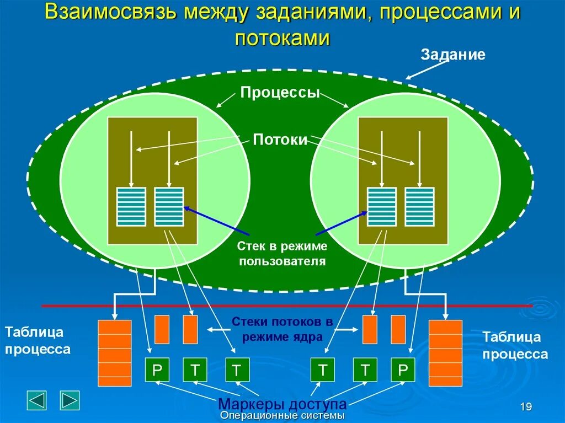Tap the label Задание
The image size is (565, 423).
[x=453, y=55]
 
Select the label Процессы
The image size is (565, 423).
[x=280, y=92]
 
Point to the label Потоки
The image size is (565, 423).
[x=280, y=140]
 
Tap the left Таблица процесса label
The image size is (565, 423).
[x=38, y=340]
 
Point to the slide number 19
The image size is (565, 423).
[x=525, y=407]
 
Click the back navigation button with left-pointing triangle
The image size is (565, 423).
[x=37, y=400]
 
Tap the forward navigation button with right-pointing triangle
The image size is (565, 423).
[x=70, y=400]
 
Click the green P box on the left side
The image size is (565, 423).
[x=157, y=370]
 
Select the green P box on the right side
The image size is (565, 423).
[x=402, y=370]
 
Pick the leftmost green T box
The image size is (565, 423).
[x=195, y=370]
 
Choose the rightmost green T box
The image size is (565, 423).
[x=365, y=370]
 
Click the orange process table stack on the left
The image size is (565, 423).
[x=114, y=353]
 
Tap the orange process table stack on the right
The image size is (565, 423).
[x=445, y=353]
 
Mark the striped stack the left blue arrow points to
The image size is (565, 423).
[x=169, y=207]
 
